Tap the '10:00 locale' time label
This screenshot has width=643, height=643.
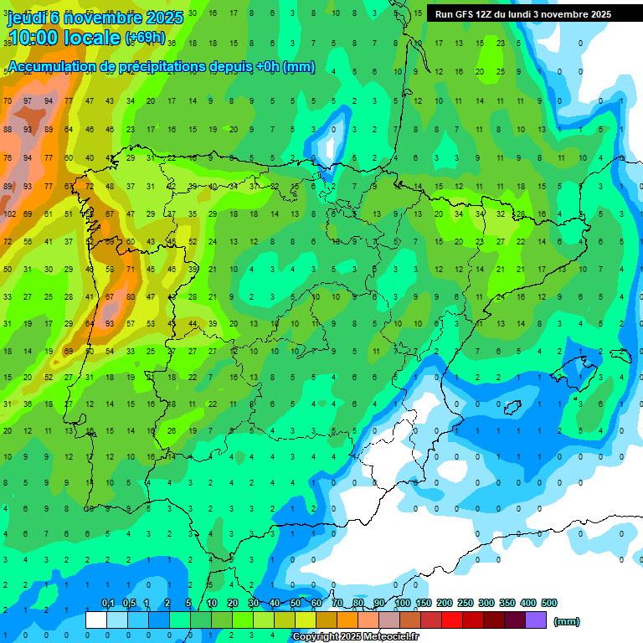(64, 38)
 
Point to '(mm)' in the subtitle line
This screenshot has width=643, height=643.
(299, 67)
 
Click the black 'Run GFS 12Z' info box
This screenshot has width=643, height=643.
(522, 14)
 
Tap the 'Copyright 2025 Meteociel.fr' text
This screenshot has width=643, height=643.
(356, 637)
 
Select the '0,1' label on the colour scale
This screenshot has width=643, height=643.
(107, 603)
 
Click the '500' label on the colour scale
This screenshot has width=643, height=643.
(548, 603)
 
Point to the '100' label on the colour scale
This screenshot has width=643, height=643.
(403, 603)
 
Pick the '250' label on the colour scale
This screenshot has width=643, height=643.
(466, 603)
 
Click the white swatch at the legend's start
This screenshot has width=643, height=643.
(96, 620)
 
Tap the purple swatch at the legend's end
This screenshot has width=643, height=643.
(536, 620)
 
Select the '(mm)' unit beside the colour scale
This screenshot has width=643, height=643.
(567, 621)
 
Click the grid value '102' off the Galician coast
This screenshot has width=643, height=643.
(10, 213)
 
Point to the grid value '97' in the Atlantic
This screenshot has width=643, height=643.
(28, 101)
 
